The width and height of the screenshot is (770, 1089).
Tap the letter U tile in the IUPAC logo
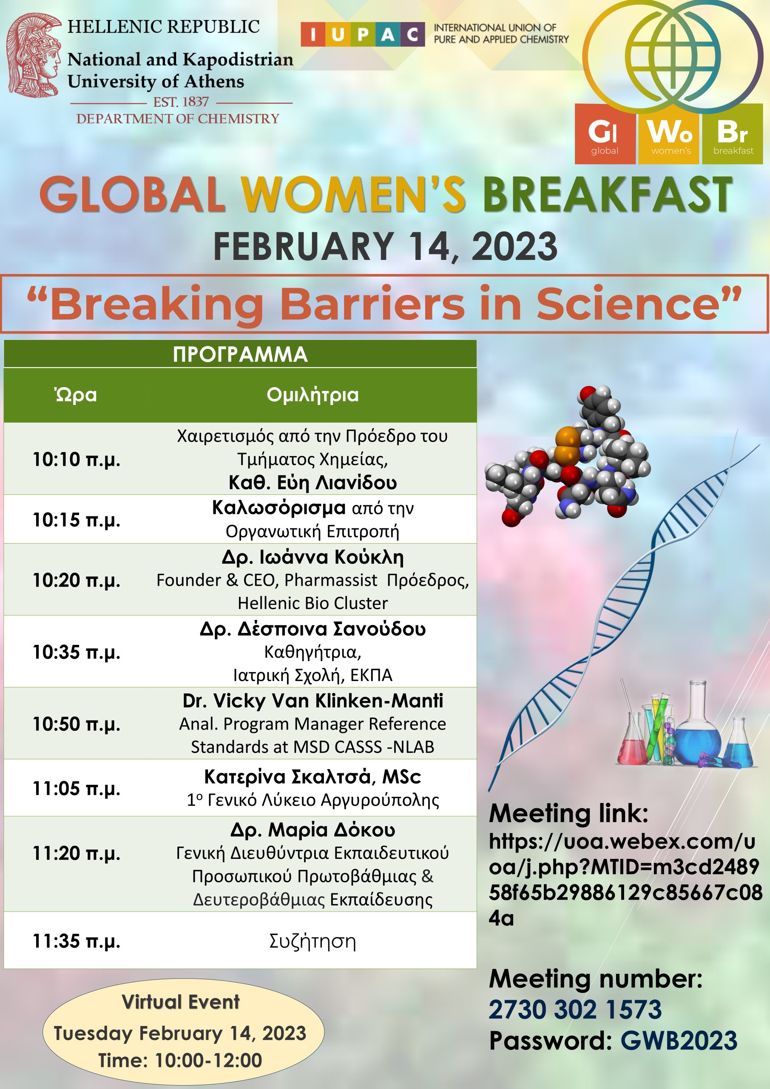[338, 34]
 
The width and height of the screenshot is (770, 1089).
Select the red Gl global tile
[605, 134]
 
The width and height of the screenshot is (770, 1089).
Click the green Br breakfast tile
[732, 134]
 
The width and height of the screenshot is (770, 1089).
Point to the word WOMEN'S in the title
[354, 194]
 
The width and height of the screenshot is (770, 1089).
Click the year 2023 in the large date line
[514, 246]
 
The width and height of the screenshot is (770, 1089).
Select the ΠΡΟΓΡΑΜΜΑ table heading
[240, 354]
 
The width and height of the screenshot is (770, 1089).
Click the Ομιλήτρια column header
[313, 395]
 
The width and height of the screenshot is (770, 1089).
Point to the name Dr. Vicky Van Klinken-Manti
[313, 701]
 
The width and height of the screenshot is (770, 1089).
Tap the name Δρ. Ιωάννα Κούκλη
[313, 557]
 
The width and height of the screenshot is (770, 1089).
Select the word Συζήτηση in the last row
[313, 941]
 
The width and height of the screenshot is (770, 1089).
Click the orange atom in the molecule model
[566, 446]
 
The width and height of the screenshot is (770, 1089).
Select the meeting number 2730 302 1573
[575, 1010]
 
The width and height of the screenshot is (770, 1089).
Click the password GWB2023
[679, 1041]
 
